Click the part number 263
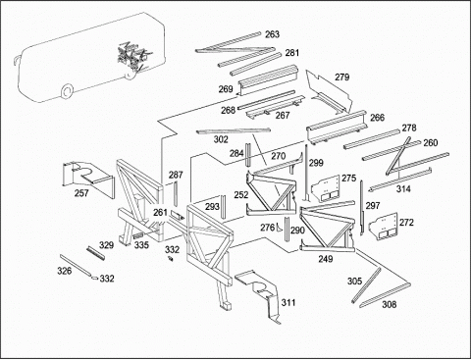pos(272,34)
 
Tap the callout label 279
pos(342,77)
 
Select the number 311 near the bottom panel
pos(288,303)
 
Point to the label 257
pos(81,193)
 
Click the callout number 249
pos(326,259)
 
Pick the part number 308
pos(390,304)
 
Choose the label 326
pos(65,271)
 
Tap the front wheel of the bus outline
pos(67,91)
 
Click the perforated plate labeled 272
pos(383,226)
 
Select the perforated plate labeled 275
pos(326,188)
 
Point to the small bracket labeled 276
pos(280,227)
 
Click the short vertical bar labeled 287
pos(176,193)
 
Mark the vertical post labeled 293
pos(223,207)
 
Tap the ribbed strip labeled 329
pos(96,253)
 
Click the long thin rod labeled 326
pos(76,266)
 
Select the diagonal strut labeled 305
pos(366,285)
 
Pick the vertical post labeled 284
pos(248,154)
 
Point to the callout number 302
pos(221,139)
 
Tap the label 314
pos(403,188)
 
